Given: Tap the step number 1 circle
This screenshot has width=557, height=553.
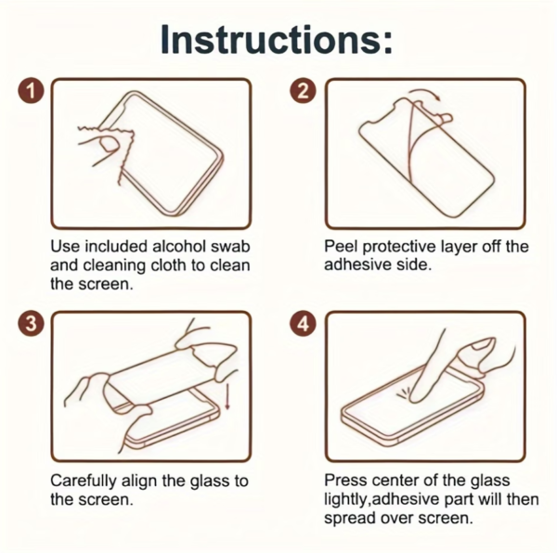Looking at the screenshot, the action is pyautogui.click(x=32, y=92).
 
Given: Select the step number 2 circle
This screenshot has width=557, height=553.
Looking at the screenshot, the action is pyautogui.click(x=303, y=92).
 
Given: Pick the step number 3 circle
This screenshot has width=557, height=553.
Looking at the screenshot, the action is pyautogui.click(x=32, y=325).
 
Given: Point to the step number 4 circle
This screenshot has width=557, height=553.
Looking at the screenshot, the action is pyautogui.click(x=303, y=325).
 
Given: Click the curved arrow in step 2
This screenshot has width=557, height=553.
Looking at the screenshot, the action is pyautogui.click(x=424, y=93).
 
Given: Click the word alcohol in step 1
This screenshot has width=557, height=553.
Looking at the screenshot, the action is pyautogui.click(x=179, y=246).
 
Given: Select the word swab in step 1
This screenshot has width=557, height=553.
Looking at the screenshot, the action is pyautogui.click(x=230, y=246).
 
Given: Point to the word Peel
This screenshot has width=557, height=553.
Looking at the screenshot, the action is pyautogui.click(x=341, y=246).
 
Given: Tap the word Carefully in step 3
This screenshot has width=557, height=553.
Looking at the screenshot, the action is pyautogui.click(x=84, y=482).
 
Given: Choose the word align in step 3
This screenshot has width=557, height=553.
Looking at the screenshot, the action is pyautogui.click(x=139, y=482).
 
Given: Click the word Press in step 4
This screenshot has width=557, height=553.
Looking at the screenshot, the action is pyautogui.click(x=345, y=481).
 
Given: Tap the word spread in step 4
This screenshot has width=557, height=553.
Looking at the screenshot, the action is pyautogui.click(x=350, y=519).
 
